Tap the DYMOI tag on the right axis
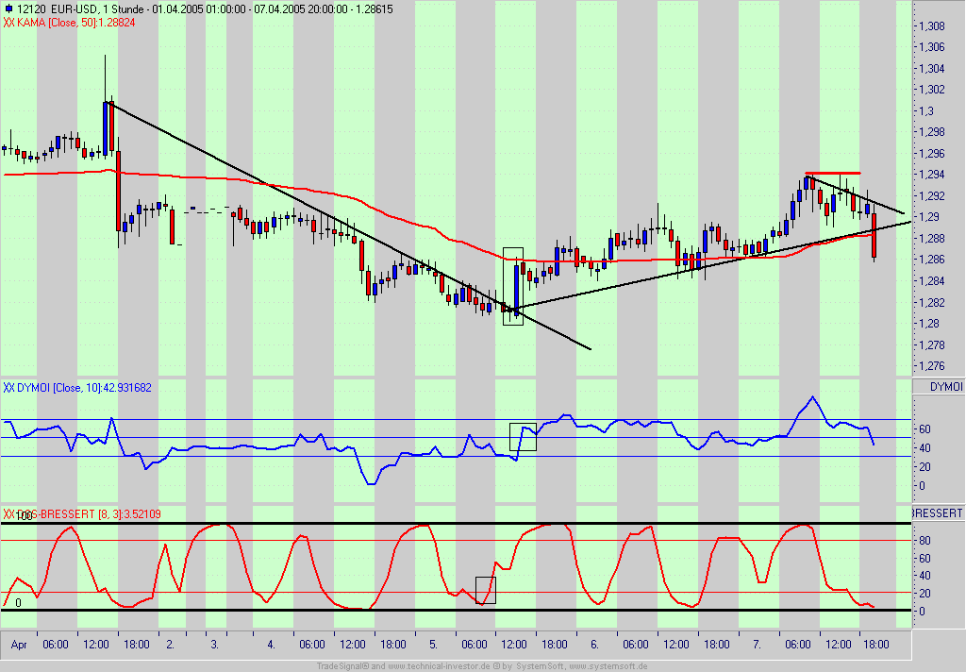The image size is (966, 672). (x=946, y=387)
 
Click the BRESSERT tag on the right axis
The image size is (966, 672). (x=938, y=512)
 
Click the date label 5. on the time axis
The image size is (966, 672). (x=433, y=645)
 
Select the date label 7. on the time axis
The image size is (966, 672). (x=757, y=645)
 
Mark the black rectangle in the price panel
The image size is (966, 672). (x=513, y=286)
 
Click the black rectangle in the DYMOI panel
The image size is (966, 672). (x=523, y=437)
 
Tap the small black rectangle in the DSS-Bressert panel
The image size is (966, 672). (x=485, y=590)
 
